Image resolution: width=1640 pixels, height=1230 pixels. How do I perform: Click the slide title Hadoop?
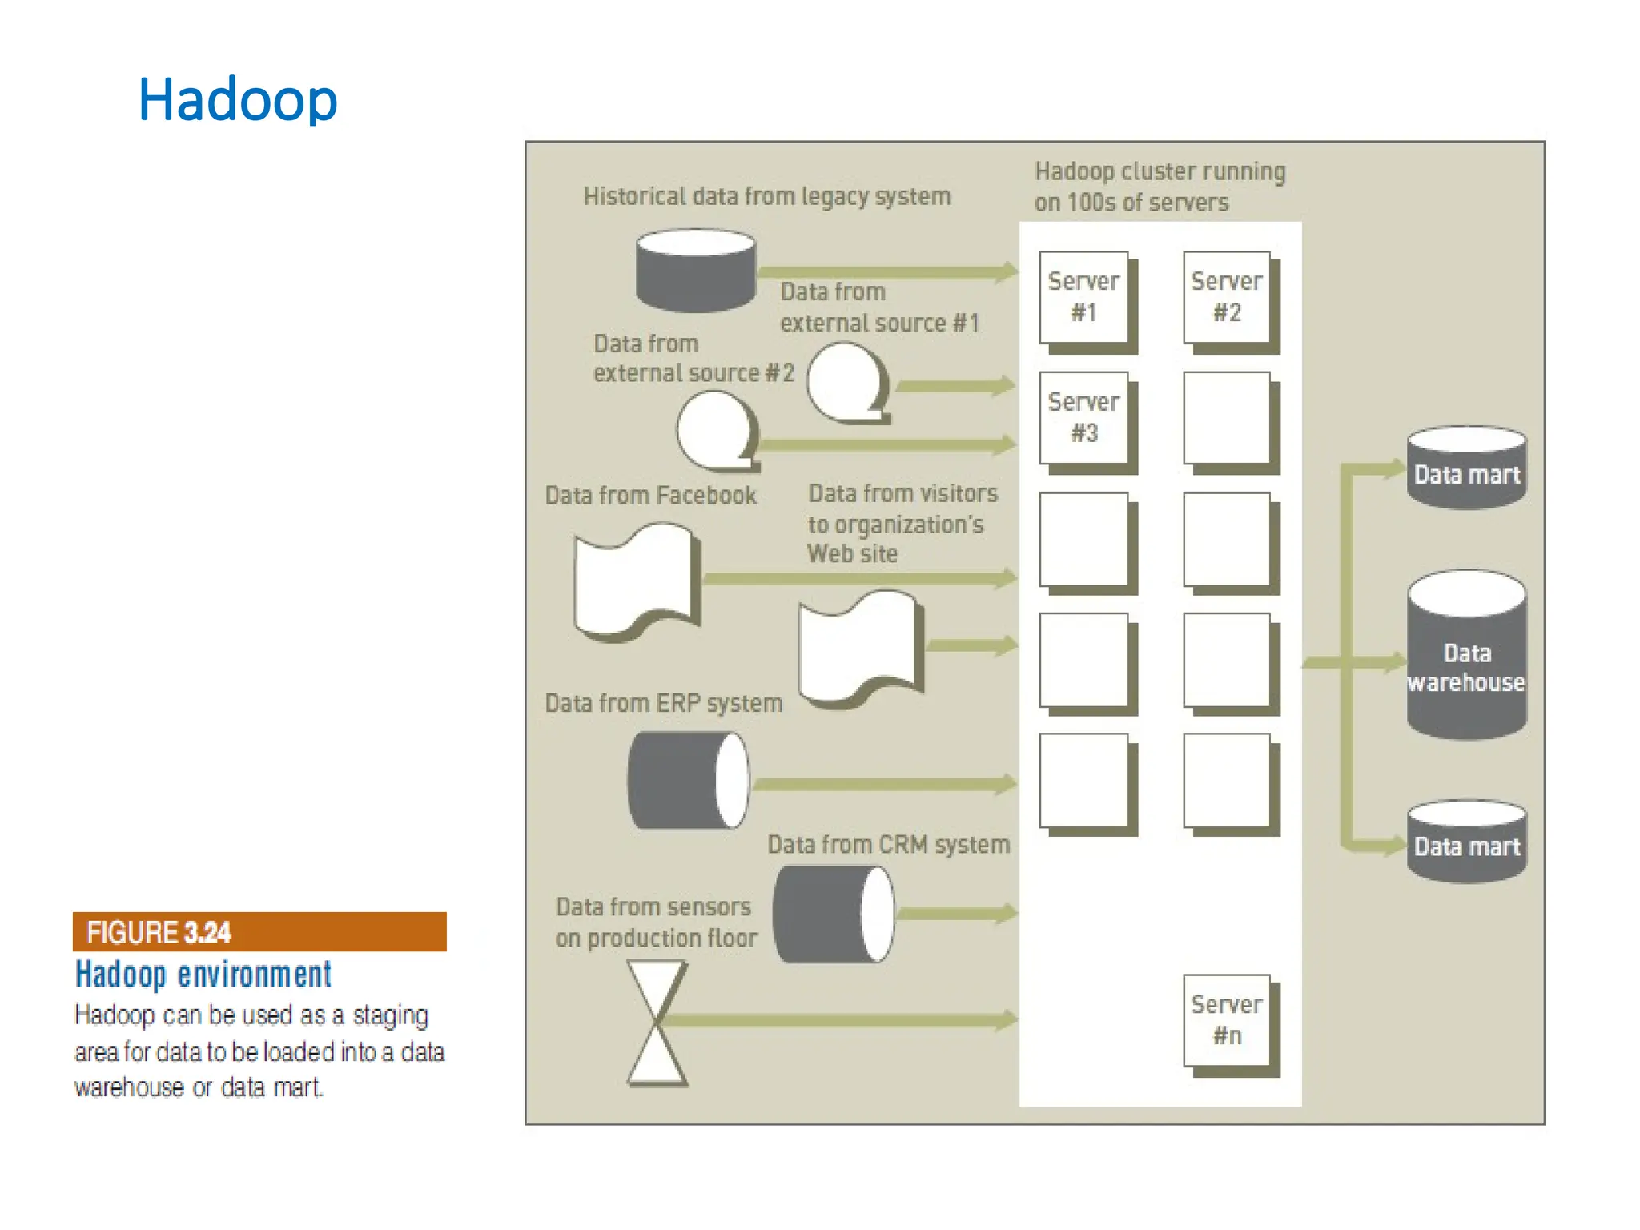pos(238,99)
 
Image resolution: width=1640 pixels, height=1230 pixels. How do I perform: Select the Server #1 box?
pos(1084,298)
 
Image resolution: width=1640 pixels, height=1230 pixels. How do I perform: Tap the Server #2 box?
pos(1227,298)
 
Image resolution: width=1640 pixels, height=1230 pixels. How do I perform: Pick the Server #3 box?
pos(1084,418)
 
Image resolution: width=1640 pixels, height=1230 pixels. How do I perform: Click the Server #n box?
pos(1227,1020)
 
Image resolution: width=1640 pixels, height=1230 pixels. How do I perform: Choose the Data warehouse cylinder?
pos(1467,657)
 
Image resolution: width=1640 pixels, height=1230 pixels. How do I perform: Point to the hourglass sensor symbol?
pos(657,1023)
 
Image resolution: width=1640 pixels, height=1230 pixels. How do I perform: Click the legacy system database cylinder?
pos(695,271)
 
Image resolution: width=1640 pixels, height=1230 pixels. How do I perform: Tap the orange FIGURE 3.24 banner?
pos(259,932)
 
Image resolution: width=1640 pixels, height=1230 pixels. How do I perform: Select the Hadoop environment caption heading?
pos(203,975)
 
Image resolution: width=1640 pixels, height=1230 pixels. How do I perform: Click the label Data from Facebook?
pos(650,496)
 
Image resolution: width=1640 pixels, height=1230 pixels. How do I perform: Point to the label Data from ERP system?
pos(663,703)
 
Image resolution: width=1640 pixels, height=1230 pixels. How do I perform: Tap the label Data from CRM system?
pos(888,845)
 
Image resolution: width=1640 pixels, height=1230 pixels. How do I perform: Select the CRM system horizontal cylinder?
pos(834,914)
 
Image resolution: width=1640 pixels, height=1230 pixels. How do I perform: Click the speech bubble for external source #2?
pos(717,431)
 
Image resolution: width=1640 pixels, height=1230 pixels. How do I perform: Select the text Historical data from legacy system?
pos(766,196)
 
